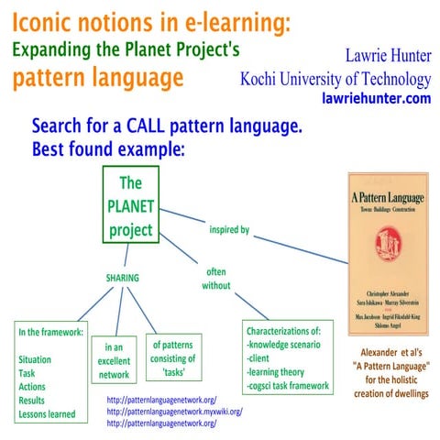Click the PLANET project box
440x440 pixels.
(130, 205)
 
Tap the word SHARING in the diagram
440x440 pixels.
(129, 276)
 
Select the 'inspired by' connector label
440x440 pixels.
(229, 228)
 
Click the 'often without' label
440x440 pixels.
(215, 278)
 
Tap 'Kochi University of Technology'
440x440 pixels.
(335, 78)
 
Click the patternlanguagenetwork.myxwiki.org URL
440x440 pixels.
(174, 412)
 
